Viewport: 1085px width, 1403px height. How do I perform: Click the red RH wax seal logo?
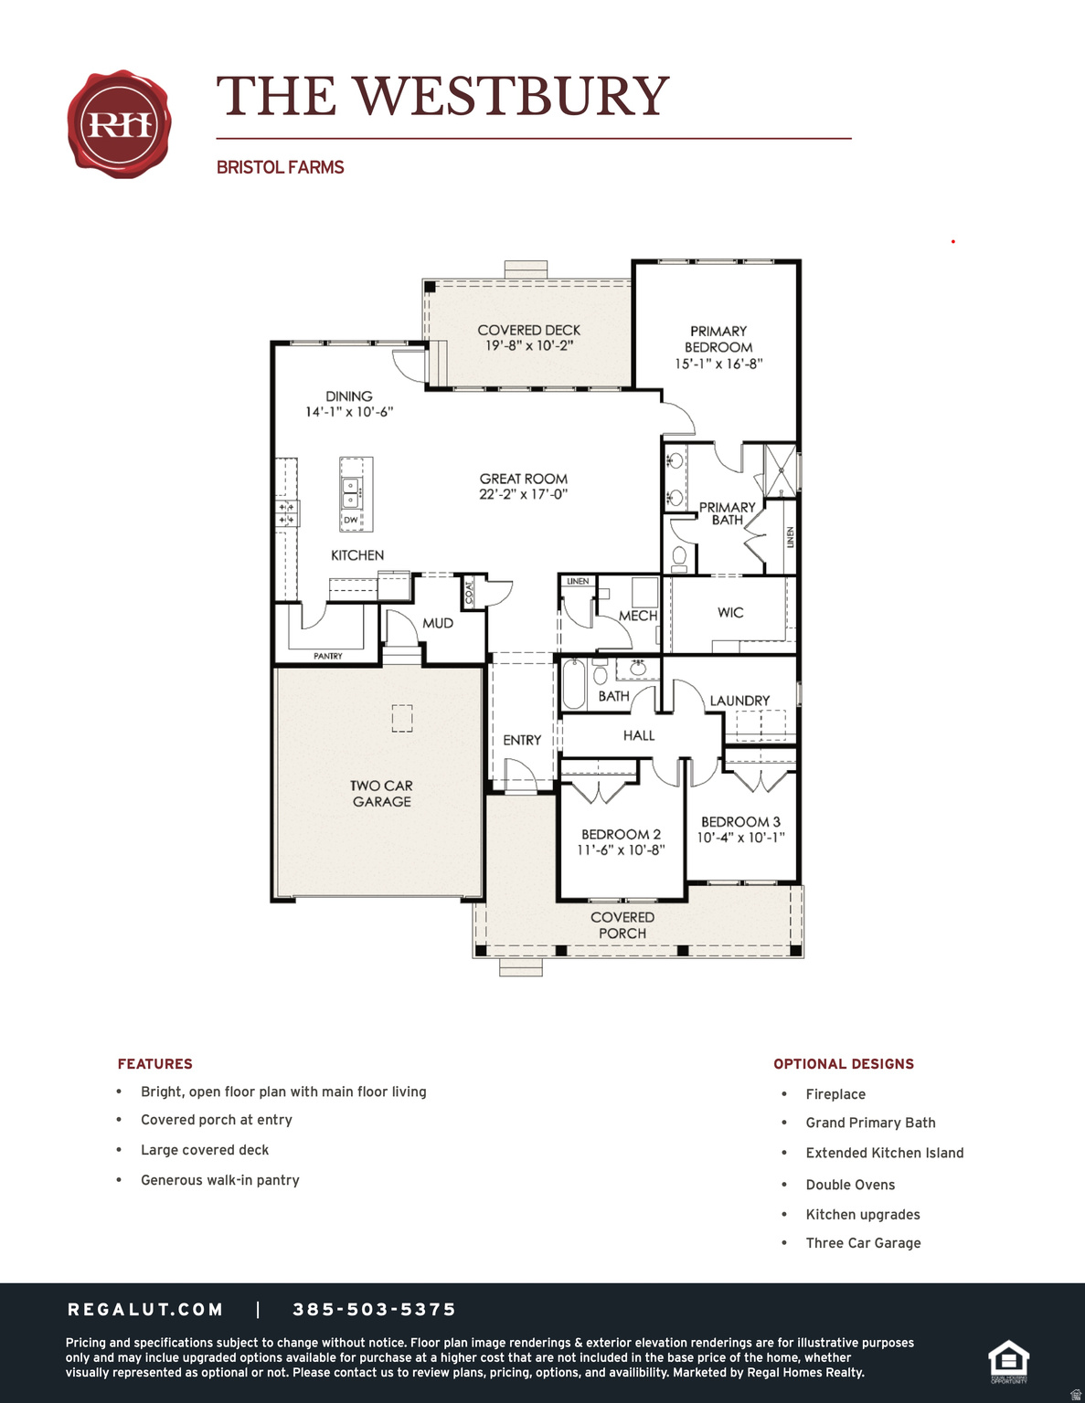(x=119, y=124)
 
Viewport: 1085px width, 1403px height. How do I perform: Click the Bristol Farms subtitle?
(x=280, y=167)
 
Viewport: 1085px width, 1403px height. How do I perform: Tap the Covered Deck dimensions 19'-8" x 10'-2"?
(x=529, y=346)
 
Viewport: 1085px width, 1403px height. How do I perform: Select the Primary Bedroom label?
(x=718, y=339)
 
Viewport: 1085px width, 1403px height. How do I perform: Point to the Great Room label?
(x=523, y=479)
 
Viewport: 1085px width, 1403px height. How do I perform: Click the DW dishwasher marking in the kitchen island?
(x=351, y=520)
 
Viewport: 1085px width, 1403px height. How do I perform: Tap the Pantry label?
(x=327, y=656)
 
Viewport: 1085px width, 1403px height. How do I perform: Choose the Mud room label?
(x=437, y=623)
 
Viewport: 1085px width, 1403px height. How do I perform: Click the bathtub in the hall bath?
(x=574, y=684)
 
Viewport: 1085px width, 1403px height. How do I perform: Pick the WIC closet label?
(x=730, y=612)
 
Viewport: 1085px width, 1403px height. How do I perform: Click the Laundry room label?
(x=739, y=701)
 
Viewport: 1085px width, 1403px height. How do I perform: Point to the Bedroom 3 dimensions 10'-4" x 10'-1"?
(x=740, y=838)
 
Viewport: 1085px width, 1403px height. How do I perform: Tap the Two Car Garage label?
(x=381, y=793)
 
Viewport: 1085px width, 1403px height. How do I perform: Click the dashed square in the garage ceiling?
(x=402, y=718)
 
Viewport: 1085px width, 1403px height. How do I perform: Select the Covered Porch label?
(x=622, y=924)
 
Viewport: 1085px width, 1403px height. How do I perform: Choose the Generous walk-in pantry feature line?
(x=220, y=1180)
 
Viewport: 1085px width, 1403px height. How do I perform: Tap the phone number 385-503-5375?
(x=374, y=1310)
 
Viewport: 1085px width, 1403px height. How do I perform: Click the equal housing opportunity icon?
(x=1008, y=1361)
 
